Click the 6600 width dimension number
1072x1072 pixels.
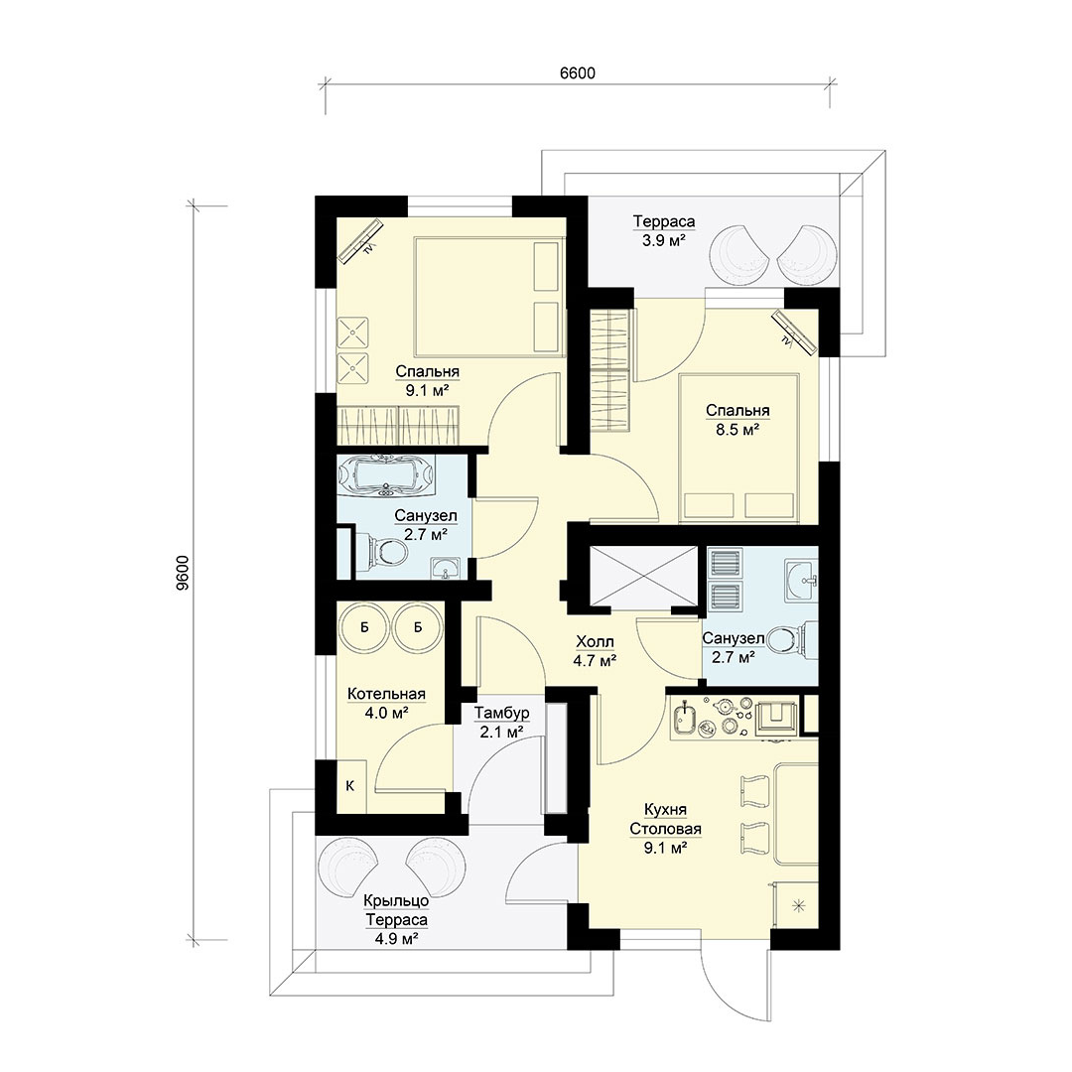pyautogui.click(x=578, y=72)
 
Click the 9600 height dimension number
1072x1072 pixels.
pyautogui.click(x=182, y=573)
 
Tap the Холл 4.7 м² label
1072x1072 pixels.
pyautogui.click(x=595, y=651)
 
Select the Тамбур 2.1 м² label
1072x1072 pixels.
pyautogui.click(x=502, y=722)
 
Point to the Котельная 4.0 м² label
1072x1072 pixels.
pyautogui.click(x=386, y=703)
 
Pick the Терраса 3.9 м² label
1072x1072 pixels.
pyautogui.click(x=664, y=230)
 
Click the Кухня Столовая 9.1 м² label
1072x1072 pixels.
pyautogui.click(x=665, y=829)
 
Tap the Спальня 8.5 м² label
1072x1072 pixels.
pyautogui.click(x=737, y=420)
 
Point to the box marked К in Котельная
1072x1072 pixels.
pyautogui.click(x=350, y=786)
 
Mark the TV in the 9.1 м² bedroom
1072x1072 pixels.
pyautogui.click(x=360, y=239)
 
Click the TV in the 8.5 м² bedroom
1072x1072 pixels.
pyautogui.click(x=795, y=333)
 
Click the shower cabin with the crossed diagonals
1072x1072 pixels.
pyautogui.click(x=643, y=576)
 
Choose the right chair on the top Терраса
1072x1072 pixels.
pyautogui.click(x=807, y=255)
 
